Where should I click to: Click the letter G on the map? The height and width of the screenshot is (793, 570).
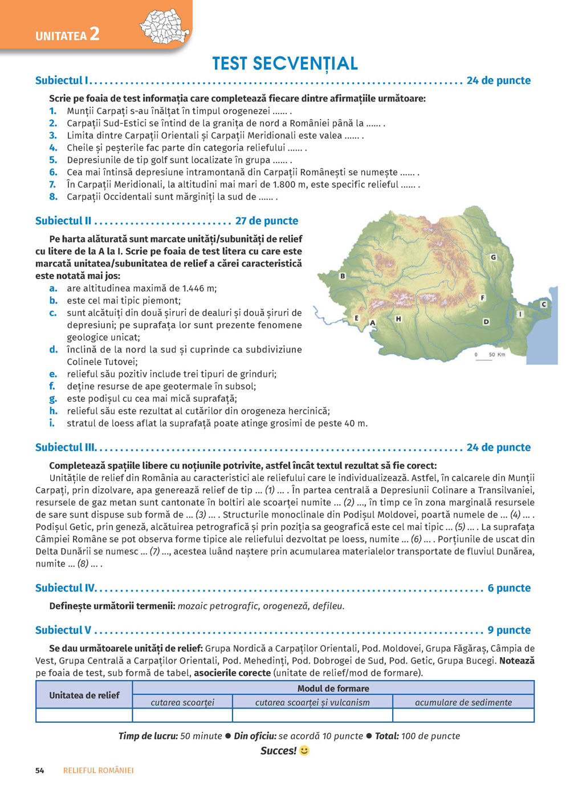493,257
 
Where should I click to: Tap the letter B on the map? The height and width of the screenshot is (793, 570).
343,276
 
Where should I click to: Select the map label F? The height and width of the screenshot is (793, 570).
483,298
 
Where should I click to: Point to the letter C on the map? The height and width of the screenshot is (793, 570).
543,305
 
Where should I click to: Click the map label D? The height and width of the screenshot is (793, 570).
486,322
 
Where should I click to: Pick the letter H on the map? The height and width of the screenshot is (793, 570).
398,319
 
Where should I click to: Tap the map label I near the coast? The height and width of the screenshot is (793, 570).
520,314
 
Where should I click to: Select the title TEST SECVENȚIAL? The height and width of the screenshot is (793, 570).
285,63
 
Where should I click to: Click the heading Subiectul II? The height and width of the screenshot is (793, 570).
63,221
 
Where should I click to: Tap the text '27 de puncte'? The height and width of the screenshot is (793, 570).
267,221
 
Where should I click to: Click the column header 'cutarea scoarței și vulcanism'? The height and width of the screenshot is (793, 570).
312,702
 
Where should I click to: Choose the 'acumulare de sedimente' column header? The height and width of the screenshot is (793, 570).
463,702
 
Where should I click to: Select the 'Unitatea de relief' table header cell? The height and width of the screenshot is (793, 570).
84,695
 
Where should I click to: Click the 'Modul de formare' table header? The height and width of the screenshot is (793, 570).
333,688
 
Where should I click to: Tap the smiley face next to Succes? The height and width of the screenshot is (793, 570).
304,750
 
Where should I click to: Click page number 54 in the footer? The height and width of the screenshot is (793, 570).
40,770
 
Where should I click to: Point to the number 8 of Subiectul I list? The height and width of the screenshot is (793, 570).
53,197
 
